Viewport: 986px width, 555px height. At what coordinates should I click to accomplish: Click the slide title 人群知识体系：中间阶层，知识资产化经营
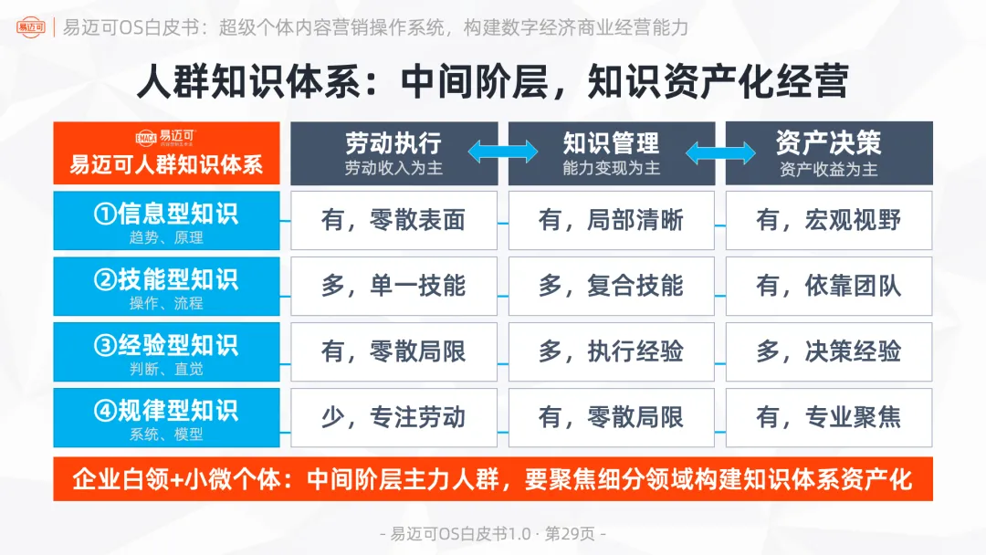[x=493, y=81]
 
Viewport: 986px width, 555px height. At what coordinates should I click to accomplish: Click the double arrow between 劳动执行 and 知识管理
[x=502, y=152]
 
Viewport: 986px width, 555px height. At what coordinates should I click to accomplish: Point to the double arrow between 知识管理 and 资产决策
[x=719, y=152]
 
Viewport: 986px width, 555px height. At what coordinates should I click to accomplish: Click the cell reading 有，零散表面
[x=393, y=221]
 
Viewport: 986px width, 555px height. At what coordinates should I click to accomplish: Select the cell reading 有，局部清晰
[x=611, y=221]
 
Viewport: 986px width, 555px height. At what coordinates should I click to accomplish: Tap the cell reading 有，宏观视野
[x=828, y=221]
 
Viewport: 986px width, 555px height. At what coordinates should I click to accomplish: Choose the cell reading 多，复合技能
[x=611, y=287]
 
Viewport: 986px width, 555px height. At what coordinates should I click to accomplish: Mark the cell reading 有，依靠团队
[x=828, y=287]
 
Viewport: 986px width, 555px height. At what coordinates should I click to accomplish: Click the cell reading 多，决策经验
[x=828, y=352]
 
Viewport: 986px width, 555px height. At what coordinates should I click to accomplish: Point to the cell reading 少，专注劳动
[x=393, y=418]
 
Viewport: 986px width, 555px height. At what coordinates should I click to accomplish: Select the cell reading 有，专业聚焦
[x=828, y=418]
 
